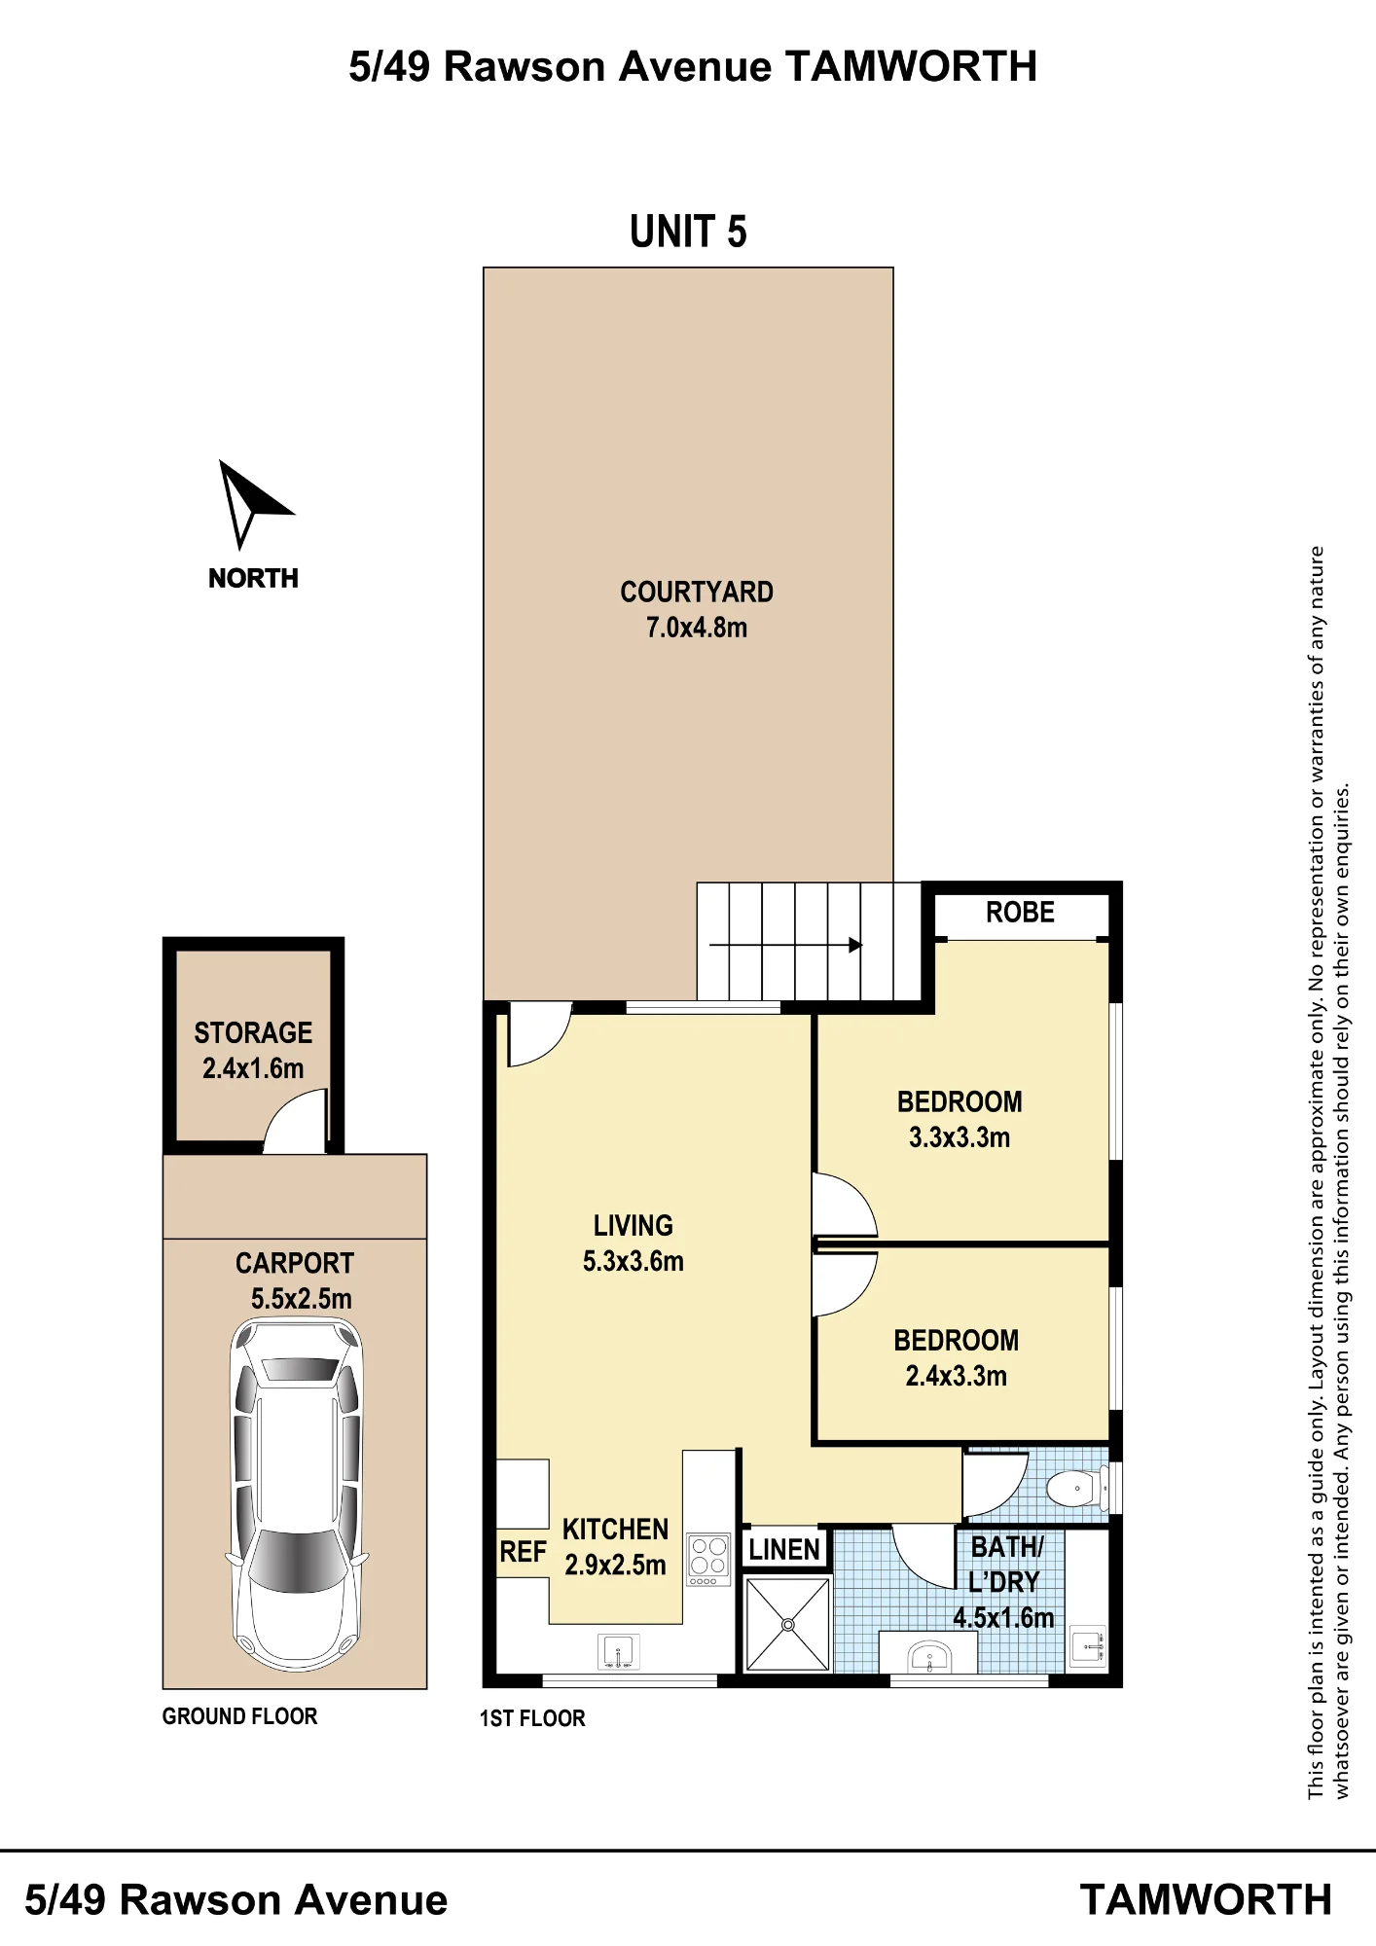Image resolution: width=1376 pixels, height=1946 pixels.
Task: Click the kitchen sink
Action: pos(618,1652)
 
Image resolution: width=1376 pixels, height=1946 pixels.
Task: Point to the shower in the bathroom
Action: pos(787,1624)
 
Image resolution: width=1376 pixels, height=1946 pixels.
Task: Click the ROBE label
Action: pos(1020,913)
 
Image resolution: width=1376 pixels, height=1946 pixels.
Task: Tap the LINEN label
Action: pos(784,1549)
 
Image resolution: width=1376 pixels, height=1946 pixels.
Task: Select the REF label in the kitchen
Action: pos(523,1552)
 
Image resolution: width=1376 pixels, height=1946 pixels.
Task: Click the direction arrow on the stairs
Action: pos(785,945)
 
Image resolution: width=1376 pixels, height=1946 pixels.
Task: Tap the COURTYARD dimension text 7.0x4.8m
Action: pos(697,628)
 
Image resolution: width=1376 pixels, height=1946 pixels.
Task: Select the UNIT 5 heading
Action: pos(688,232)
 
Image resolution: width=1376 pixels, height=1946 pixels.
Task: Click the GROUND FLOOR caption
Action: pos(239,1716)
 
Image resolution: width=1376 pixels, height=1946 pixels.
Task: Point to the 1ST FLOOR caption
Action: pos(532,1718)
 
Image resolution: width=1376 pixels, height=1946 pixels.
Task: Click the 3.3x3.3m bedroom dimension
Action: pos(960,1137)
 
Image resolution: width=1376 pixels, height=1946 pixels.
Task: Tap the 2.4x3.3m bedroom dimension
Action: pos(956,1376)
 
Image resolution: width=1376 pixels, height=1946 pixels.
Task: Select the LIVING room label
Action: pos(634,1226)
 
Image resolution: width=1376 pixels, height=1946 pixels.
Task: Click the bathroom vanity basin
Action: pos(928,1655)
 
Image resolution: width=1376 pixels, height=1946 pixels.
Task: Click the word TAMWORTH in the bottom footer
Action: pos(1206,1900)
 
